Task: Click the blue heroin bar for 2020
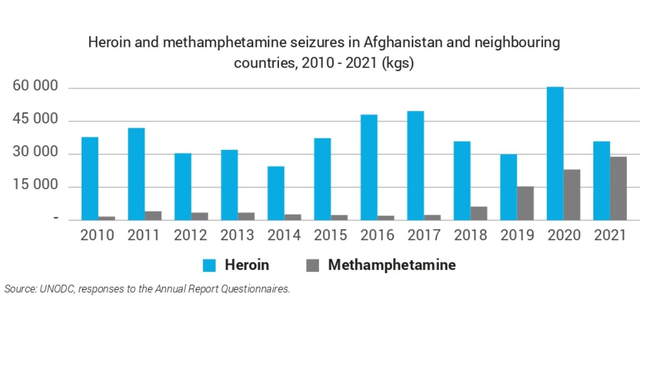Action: pyautogui.click(x=555, y=154)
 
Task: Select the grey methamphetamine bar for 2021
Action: pyautogui.click(x=618, y=188)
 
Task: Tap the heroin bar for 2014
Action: pyautogui.click(x=276, y=193)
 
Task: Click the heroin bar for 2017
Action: pyautogui.click(x=415, y=165)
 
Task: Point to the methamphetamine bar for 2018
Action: pyautogui.click(x=479, y=213)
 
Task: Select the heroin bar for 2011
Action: pyautogui.click(x=136, y=174)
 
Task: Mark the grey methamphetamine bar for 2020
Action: pyautogui.click(x=572, y=195)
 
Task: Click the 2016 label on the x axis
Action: pyautogui.click(x=377, y=235)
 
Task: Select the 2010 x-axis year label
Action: pyautogui.click(x=97, y=235)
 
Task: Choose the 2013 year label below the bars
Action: pyautogui.click(x=237, y=235)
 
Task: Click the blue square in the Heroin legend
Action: pyautogui.click(x=209, y=266)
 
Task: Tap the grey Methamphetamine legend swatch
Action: pyautogui.click(x=313, y=266)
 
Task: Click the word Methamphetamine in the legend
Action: pyautogui.click(x=392, y=266)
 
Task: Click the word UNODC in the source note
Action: pyautogui.click(x=56, y=289)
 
